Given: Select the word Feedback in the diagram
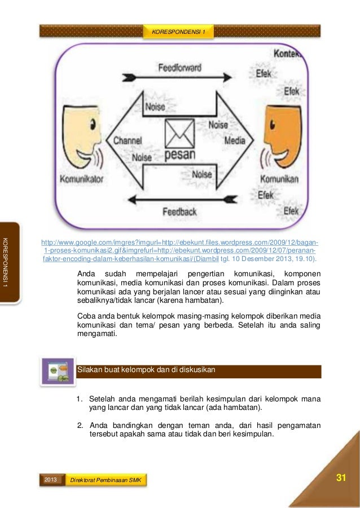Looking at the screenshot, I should click(179, 212).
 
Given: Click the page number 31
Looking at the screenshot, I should click(340, 478).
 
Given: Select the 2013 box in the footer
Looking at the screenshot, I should click(50, 479).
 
